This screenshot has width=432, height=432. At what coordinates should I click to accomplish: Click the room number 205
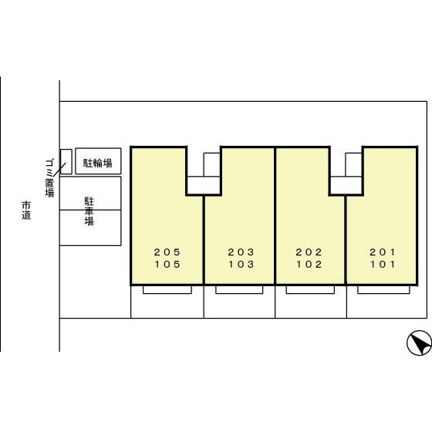(167, 252)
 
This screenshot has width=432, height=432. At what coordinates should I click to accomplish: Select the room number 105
(167, 265)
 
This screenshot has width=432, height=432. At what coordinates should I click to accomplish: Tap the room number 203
(241, 252)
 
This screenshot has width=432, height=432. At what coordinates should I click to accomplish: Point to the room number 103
(241, 265)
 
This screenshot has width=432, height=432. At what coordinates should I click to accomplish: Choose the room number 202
(309, 252)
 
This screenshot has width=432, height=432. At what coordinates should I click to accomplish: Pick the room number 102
(309, 265)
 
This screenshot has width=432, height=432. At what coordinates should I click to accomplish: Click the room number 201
(383, 252)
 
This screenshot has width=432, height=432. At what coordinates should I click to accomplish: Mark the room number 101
(383, 265)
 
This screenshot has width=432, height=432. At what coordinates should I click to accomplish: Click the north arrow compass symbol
(419, 343)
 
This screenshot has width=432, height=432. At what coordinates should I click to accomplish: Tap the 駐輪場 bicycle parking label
(98, 163)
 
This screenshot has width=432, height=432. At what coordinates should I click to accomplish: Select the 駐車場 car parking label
(89, 211)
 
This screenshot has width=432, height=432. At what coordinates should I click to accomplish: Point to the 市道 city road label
(26, 211)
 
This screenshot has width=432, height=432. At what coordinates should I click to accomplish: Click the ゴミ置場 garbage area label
(50, 177)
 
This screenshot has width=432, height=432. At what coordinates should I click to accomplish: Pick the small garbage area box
(66, 162)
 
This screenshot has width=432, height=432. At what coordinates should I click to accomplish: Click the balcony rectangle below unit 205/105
(167, 290)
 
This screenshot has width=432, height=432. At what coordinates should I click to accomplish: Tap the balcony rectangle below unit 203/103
(239, 290)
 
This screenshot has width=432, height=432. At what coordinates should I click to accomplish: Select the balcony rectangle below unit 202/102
(310, 290)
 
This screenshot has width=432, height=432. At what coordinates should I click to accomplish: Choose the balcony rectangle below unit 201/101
(383, 290)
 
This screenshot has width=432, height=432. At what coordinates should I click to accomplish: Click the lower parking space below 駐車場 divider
(90, 228)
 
